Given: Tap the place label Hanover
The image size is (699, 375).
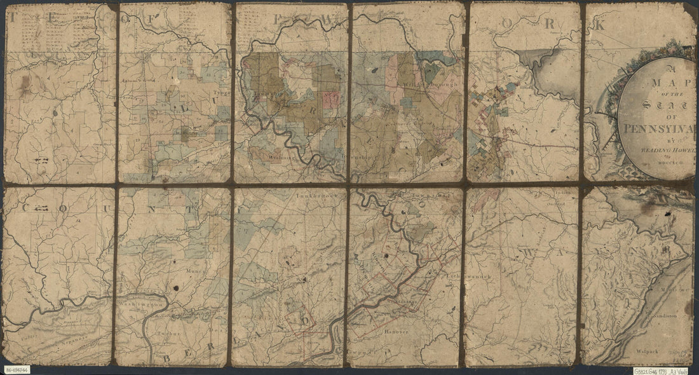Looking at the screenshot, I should pyautogui.click(x=393, y=331).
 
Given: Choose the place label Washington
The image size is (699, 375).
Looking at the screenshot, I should pyautogui.click(x=139, y=304).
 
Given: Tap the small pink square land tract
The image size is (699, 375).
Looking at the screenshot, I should pyautogui.click(x=330, y=99).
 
